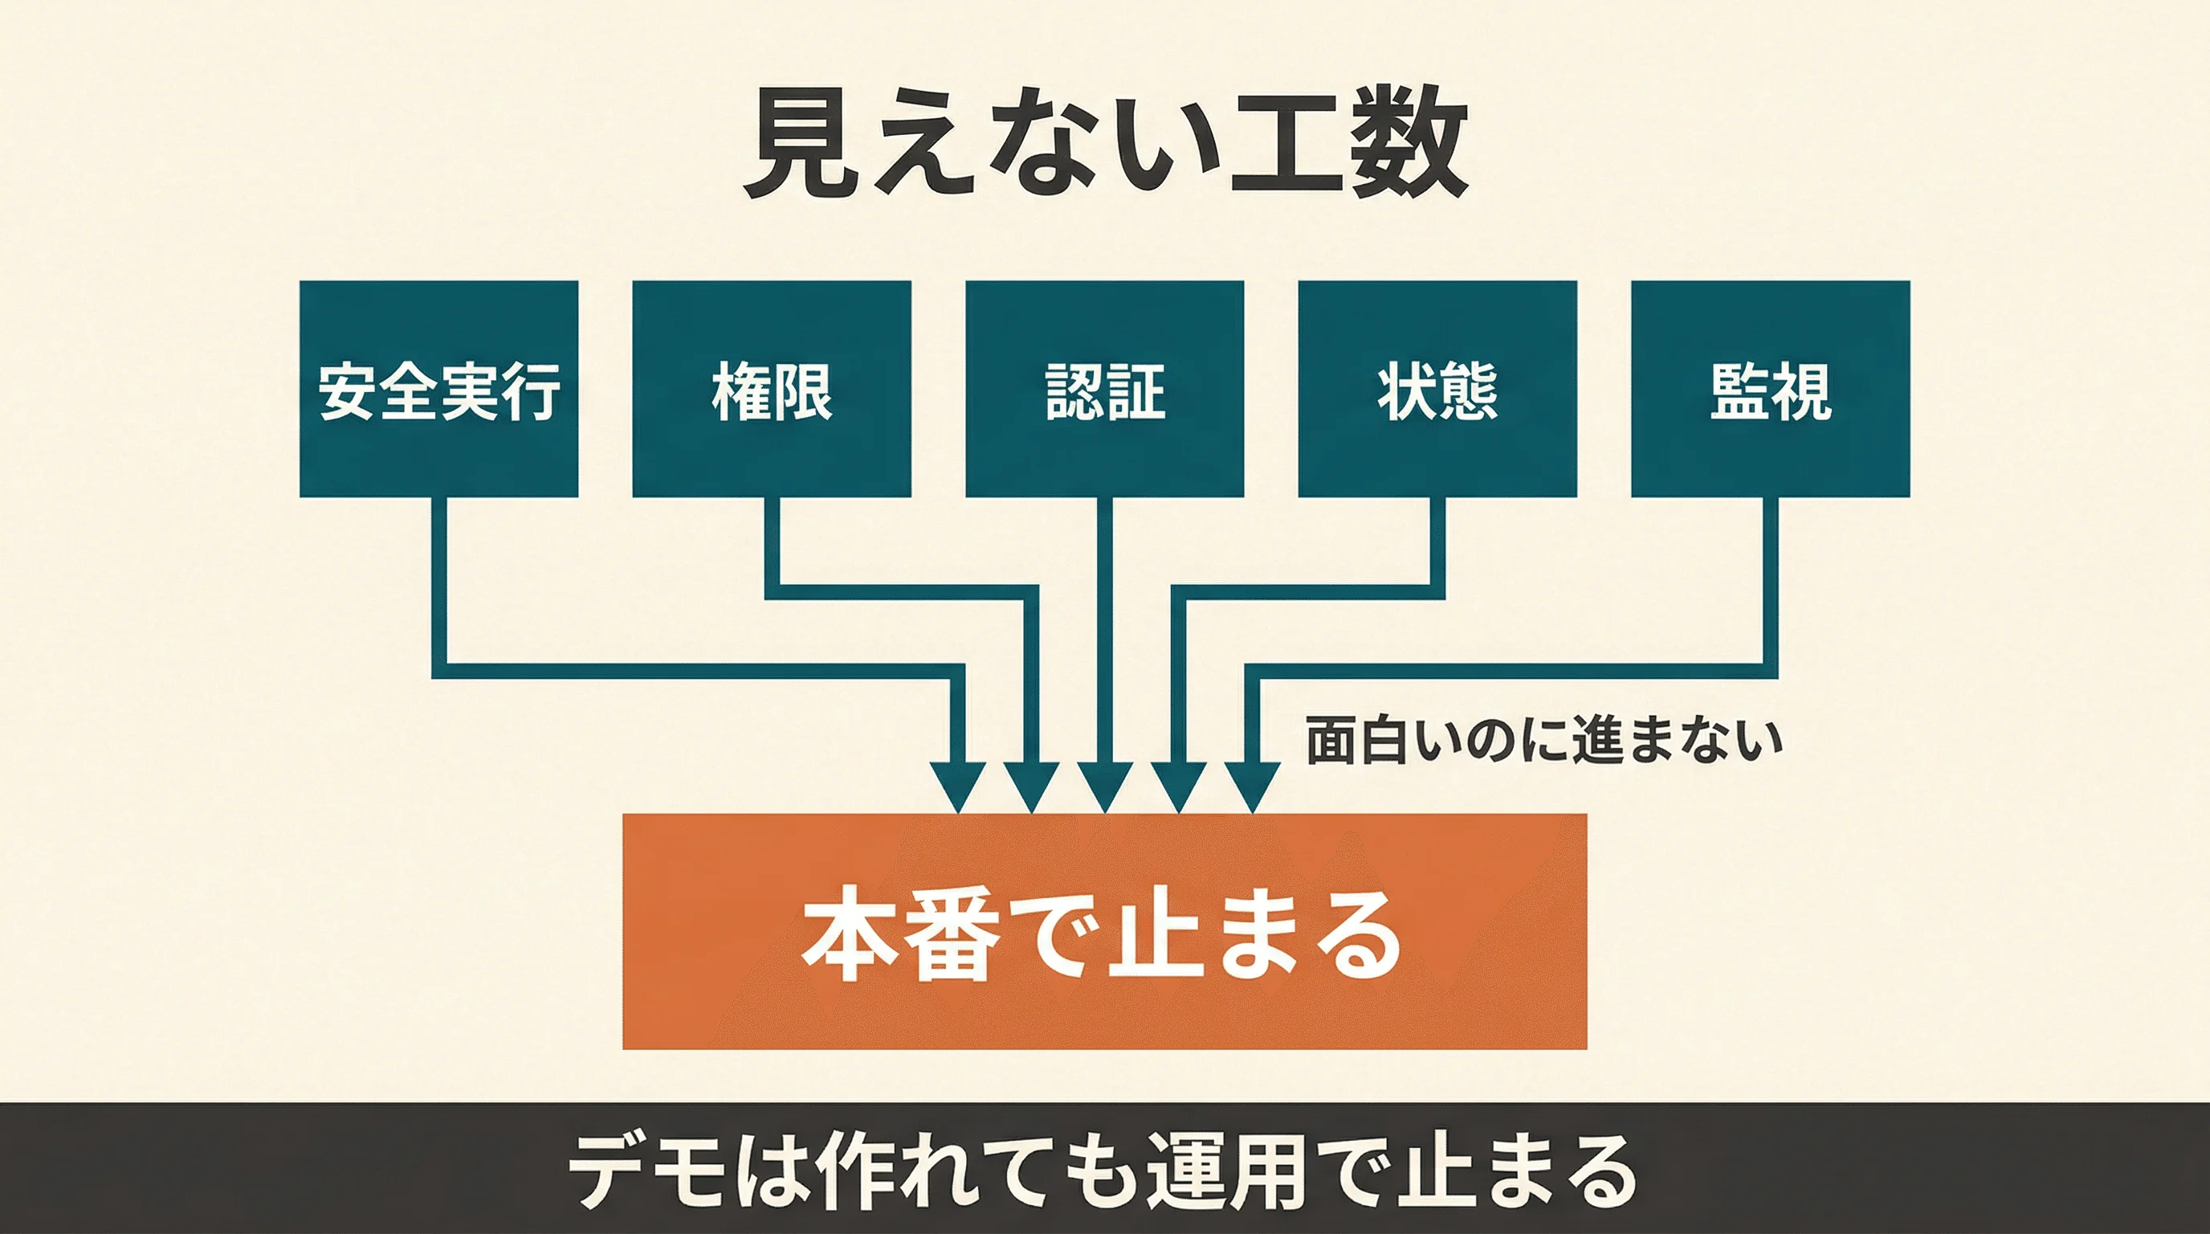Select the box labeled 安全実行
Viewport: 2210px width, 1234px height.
[x=438, y=389]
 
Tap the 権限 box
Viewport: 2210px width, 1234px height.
[x=771, y=389]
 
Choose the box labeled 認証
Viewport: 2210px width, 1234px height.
[x=1104, y=389]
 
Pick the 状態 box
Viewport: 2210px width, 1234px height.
[x=1437, y=389]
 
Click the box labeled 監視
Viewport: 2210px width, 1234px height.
[x=1770, y=389]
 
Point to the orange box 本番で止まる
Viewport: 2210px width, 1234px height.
[x=1104, y=931]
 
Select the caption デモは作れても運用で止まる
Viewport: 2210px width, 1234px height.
[x=1103, y=1171]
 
